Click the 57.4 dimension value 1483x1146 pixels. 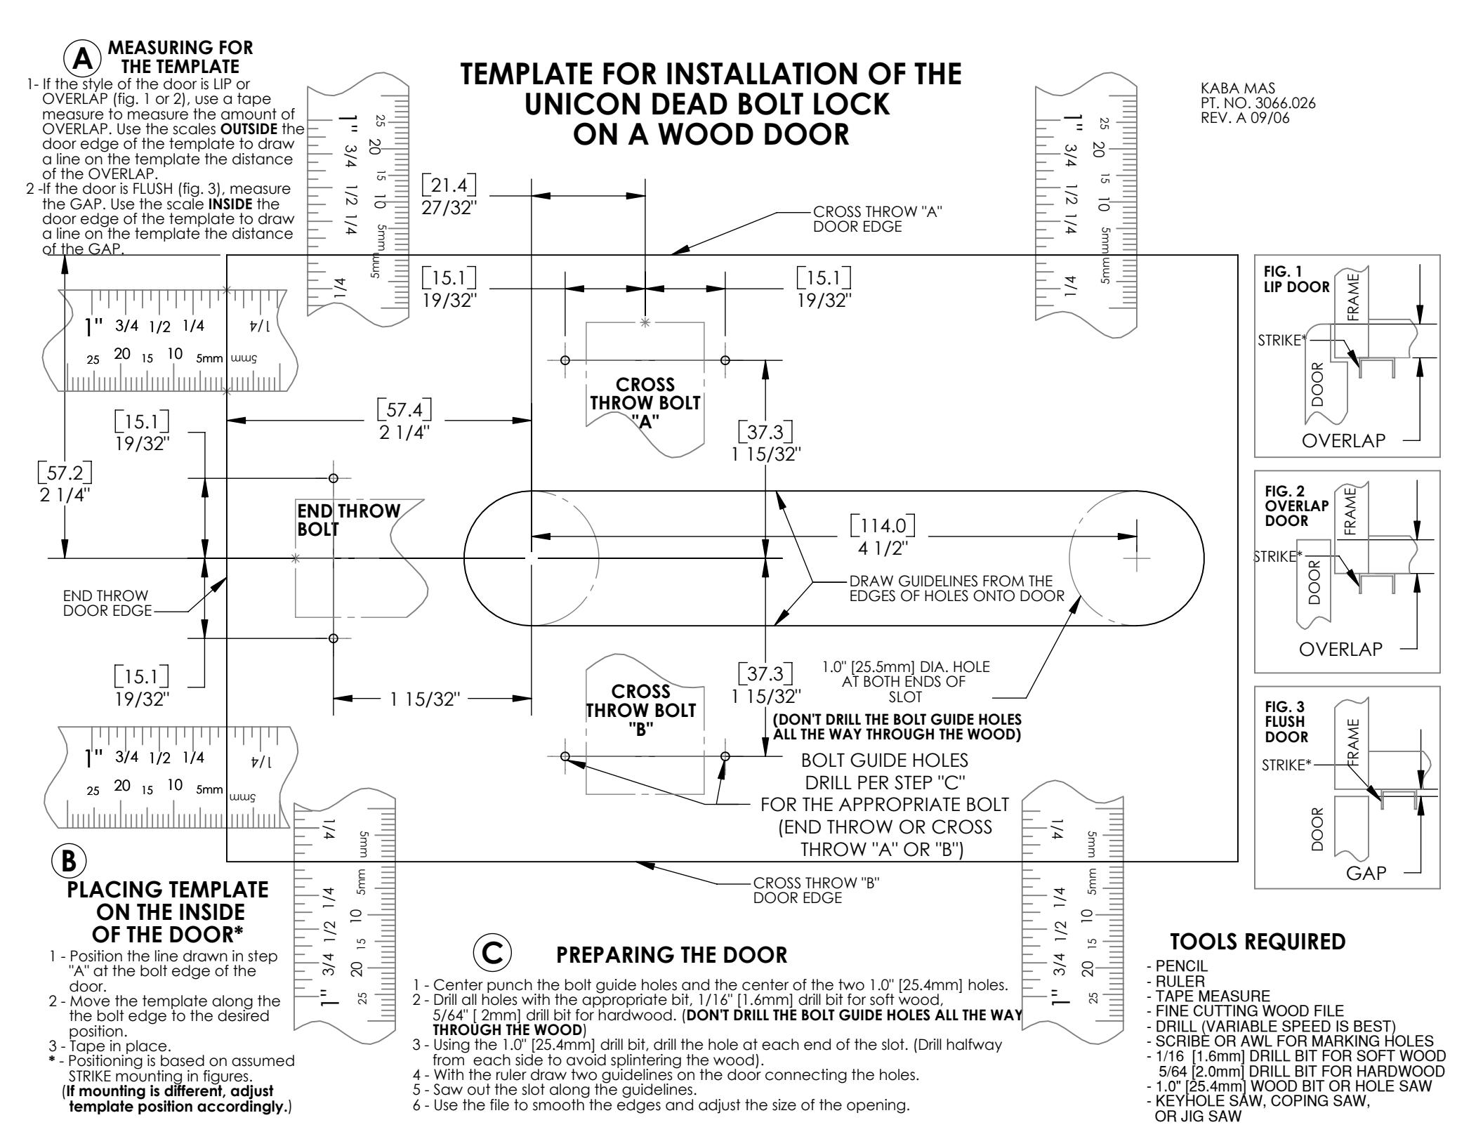404,410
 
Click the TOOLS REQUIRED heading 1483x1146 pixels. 1257,942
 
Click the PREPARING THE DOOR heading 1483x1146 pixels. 671,955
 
